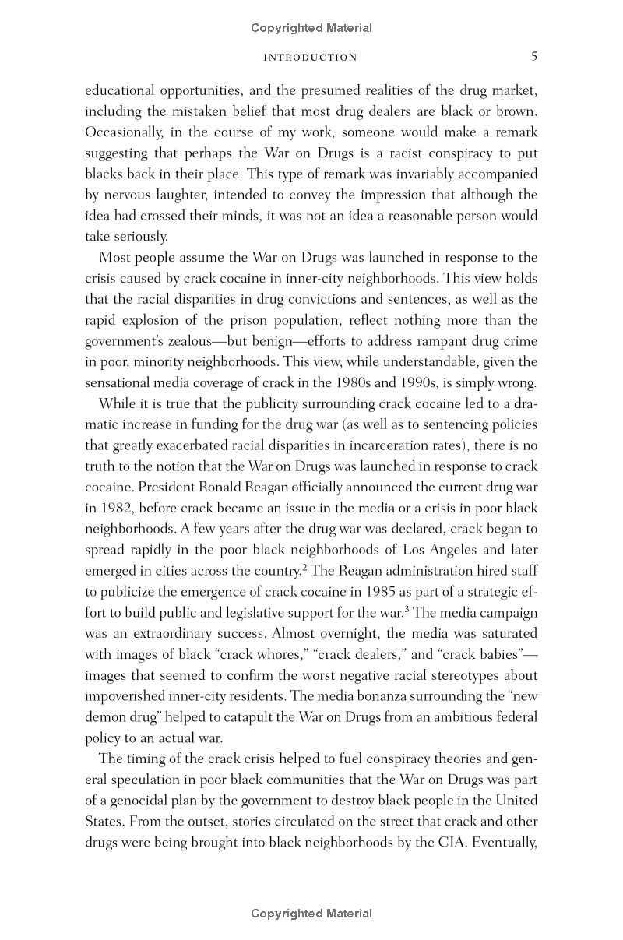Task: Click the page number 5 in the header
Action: [x=534, y=56]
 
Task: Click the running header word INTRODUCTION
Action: [x=311, y=57]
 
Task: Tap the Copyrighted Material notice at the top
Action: [x=311, y=28]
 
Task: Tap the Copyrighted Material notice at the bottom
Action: [x=311, y=914]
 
